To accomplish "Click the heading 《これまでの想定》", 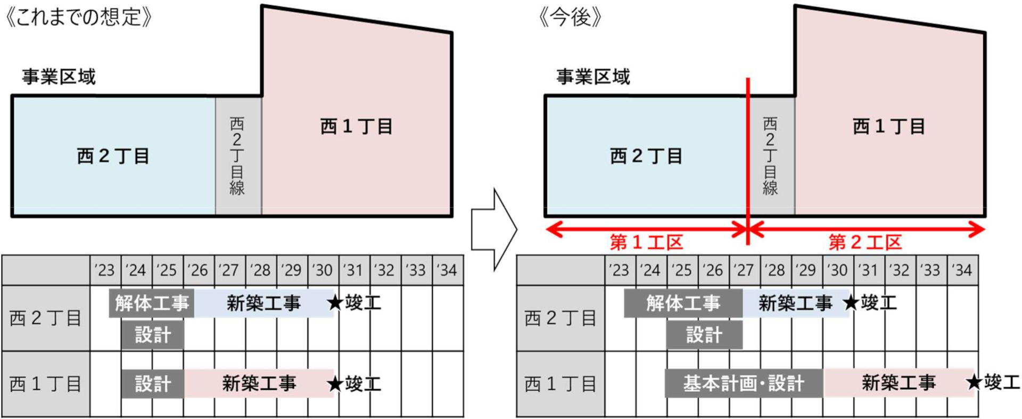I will point(79,17).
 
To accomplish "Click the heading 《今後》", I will point(570,17).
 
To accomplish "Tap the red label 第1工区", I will point(646,243).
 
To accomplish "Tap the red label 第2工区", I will point(865,243).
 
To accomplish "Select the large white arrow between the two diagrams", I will point(494,230).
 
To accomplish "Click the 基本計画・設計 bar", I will point(744,383).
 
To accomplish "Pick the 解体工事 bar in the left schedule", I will point(152,303).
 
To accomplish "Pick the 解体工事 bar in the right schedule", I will point(683,303).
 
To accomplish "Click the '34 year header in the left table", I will point(447,270).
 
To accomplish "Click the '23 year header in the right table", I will point(620,270).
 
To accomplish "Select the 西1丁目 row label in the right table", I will point(561,384).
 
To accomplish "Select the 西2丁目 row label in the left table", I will point(46,318).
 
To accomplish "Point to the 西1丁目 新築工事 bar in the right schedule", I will point(899,383).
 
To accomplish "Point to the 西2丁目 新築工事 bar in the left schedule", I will point(263,303).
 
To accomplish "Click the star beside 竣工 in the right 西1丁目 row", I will point(974,382).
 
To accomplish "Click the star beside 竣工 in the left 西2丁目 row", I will point(335,303).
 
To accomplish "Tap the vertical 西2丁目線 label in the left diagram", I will point(237,156).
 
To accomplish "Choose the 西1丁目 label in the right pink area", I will point(888,127).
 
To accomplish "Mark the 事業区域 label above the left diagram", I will point(59,77).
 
